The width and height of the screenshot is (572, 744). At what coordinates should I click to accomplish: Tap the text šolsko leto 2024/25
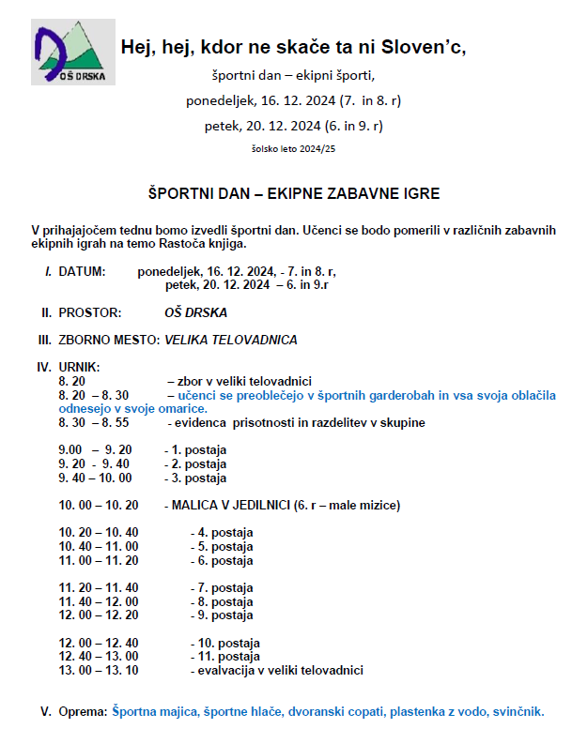[293, 148]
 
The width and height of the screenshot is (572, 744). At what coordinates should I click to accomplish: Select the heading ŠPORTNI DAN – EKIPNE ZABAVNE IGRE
[294, 193]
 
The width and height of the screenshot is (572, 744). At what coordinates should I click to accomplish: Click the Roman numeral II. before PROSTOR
[45, 311]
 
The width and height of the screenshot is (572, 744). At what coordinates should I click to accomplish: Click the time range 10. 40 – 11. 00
[98, 546]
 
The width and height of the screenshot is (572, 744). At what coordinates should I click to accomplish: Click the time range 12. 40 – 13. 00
[98, 657]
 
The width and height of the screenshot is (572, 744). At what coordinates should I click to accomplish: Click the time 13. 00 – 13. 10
[98, 670]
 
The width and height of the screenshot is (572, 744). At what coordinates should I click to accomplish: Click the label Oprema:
[83, 712]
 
